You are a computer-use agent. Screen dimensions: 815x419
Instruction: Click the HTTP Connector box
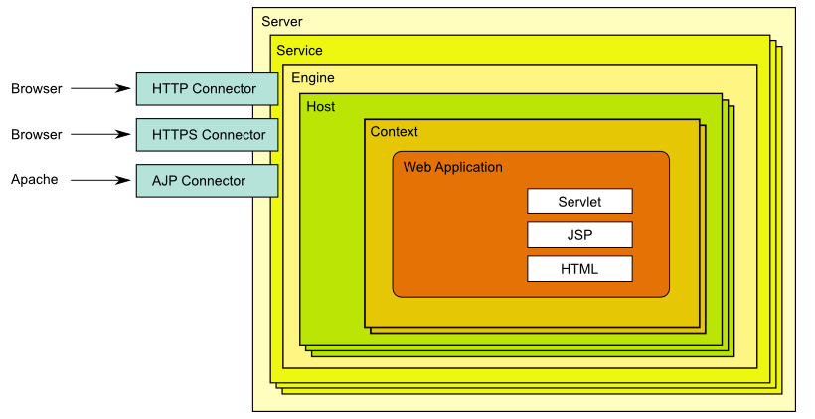207,89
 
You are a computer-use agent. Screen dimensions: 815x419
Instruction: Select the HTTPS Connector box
207,135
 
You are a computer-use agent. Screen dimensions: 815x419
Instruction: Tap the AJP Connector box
207,181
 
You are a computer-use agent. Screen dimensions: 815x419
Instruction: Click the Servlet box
579,202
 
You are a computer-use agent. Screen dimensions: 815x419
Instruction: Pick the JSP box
579,235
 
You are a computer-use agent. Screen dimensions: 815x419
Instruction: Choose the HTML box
579,269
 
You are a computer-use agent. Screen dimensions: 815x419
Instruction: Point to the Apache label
35,180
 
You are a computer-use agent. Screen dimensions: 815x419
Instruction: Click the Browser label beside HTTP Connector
37,89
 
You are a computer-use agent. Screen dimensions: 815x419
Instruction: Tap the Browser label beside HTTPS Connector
37,135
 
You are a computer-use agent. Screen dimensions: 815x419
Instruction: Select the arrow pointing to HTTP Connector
100,88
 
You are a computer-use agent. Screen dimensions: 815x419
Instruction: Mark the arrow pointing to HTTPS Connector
100,134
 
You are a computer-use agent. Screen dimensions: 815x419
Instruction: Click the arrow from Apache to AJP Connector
100,180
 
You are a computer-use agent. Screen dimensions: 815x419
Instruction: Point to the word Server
282,21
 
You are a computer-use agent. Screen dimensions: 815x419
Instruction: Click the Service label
299,51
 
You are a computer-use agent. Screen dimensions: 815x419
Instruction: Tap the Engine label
313,78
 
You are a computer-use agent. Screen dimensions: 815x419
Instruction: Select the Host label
321,107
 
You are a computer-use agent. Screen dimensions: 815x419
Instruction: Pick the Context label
394,132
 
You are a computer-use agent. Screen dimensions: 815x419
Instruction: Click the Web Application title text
452,167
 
